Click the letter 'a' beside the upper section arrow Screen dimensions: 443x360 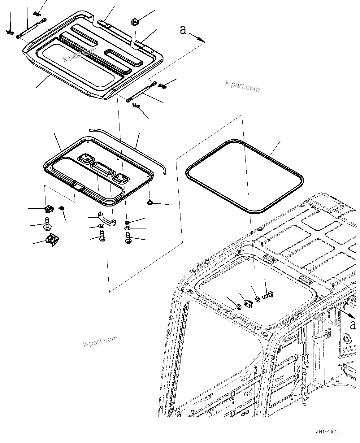click(183, 30)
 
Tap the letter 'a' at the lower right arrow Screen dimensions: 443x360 click(353, 325)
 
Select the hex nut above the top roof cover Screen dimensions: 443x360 click(135, 22)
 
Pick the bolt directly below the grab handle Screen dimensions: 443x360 click(101, 236)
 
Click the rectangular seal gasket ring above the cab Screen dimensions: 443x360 click(245, 176)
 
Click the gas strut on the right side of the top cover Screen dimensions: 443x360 click(141, 93)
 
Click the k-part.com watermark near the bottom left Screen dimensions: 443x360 click(101, 341)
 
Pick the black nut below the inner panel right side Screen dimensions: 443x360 click(127, 223)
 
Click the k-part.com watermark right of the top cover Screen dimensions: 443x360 click(242, 87)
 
